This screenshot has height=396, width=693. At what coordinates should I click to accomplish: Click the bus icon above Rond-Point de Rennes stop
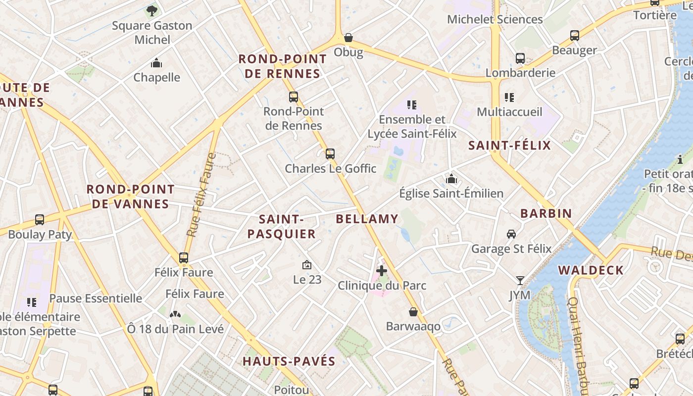pyautogui.click(x=294, y=97)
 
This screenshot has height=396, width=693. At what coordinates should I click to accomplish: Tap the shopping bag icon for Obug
pyautogui.click(x=348, y=38)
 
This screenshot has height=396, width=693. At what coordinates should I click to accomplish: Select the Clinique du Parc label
pyautogui.click(x=382, y=286)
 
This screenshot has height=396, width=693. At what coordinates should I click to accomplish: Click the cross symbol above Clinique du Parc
pyautogui.click(x=382, y=271)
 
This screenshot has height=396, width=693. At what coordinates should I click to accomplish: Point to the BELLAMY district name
pyautogui.click(x=367, y=219)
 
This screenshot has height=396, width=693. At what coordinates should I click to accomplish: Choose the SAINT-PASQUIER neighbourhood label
pyautogui.click(x=281, y=226)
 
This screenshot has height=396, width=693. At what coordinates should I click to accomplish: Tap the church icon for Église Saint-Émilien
pyautogui.click(x=451, y=179)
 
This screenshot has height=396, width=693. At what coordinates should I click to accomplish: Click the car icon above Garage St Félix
pyautogui.click(x=511, y=234)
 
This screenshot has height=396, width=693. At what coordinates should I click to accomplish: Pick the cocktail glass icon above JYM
pyautogui.click(x=519, y=281)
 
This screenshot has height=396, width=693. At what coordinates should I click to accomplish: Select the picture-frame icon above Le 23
pyautogui.click(x=307, y=265)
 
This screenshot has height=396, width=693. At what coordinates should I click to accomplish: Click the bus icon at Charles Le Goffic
pyautogui.click(x=330, y=153)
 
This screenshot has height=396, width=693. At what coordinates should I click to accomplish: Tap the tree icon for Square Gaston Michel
pyautogui.click(x=152, y=10)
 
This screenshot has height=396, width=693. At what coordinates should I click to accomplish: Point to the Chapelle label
pyautogui.click(x=156, y=77)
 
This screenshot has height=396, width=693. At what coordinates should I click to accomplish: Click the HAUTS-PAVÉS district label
pyautogui.click(x=289, y=361)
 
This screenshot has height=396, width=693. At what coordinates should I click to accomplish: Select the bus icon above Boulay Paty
pyautogui.click(x=40, y=220)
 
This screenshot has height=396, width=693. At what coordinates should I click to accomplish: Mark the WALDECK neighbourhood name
pyautogui.click(x=591, y=270)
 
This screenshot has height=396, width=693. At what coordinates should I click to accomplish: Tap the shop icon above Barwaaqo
pyautogui.click(x=413, y=312)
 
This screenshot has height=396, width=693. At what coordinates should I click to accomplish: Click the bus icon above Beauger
pyautogui.click(x=574, y=36)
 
